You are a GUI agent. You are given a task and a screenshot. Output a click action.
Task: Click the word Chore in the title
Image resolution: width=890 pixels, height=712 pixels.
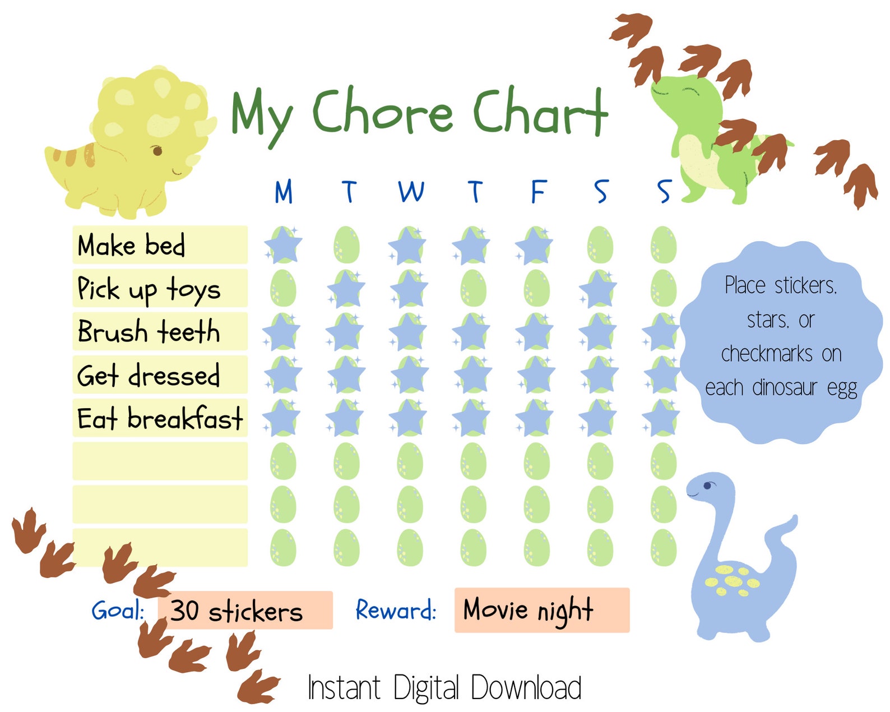[x=382, y=113]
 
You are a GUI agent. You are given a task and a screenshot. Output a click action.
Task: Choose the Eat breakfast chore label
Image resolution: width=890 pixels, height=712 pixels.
[x=160, y=418]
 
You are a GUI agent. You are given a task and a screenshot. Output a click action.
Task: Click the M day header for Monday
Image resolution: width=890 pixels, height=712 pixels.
[x=284, y=192]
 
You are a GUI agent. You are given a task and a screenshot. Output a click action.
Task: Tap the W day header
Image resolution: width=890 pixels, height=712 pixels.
[x=411, y=192]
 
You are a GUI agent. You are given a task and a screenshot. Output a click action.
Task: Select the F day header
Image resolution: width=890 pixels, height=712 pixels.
[x=538, y=192]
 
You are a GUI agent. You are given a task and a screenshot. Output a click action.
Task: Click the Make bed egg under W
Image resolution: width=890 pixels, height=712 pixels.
[x=409, y=245]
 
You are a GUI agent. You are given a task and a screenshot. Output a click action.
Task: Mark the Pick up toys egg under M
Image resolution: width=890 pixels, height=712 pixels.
[x=283, y=288]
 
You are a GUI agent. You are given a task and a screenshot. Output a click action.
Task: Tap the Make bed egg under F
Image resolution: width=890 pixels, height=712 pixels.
[x=536, y=245]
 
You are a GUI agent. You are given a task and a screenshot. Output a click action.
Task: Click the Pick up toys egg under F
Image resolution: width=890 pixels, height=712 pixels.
[x=536, y=288]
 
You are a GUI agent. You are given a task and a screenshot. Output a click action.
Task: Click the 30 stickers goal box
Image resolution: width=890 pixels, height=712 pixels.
[x=245, y=610]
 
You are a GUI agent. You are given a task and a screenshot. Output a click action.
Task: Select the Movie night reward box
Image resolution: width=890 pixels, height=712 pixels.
[x=541, y=610]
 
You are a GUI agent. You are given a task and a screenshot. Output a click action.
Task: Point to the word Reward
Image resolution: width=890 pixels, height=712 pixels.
[x=396, y=610]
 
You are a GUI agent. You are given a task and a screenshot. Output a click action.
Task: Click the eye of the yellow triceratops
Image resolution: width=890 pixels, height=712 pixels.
[x=157, y=150]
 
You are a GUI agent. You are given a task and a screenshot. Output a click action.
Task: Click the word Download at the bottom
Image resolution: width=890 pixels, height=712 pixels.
[x=526, y=687]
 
